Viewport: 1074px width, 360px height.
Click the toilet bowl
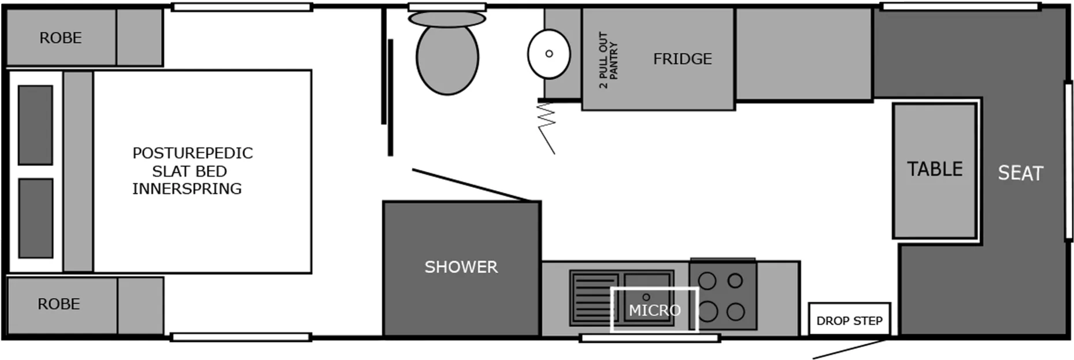447,58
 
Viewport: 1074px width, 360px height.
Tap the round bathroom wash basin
549,54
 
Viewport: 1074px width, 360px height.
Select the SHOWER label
461,267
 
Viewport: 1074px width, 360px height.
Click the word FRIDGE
682,59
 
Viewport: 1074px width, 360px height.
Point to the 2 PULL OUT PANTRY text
608,60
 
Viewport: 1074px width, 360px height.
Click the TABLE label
935,169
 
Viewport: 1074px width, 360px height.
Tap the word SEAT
1020,173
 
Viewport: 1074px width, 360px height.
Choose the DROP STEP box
849,321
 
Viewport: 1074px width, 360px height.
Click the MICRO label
654,310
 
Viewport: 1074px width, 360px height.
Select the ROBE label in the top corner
61,38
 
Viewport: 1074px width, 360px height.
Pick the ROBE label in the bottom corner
59,305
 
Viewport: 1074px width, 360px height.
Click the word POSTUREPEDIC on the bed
192,153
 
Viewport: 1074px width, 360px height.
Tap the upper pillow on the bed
35,125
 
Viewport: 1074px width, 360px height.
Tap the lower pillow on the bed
36,218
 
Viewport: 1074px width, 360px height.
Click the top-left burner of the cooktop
707,281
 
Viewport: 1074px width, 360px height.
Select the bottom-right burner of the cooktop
735,312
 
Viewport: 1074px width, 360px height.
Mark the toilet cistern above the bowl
447,19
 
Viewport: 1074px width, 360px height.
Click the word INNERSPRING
187,189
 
